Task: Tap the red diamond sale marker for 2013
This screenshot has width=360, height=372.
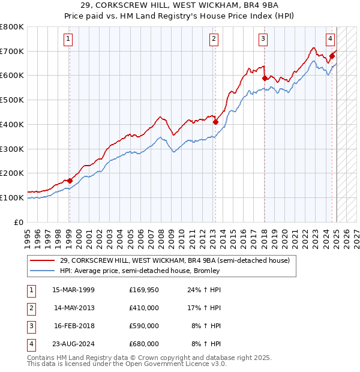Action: (215, 122)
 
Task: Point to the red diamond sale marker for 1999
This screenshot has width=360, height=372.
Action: (70, 180)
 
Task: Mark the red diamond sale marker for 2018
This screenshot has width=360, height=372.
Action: (264, 77)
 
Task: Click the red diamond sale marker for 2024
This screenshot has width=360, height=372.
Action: (331, 56)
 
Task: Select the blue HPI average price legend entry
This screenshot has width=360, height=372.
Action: (140, 271)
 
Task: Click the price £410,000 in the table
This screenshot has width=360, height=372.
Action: (144, 308)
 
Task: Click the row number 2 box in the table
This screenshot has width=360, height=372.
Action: (30, 308)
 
